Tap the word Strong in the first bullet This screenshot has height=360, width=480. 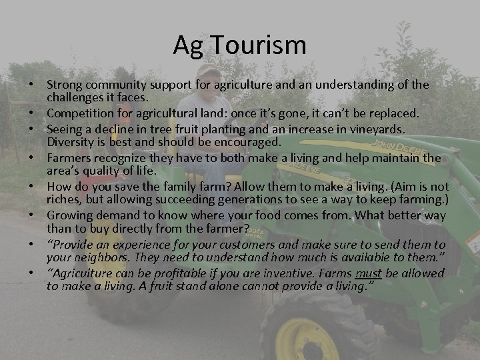[x=65, y=85]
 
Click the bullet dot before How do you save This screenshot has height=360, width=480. [x=31, y=187]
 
